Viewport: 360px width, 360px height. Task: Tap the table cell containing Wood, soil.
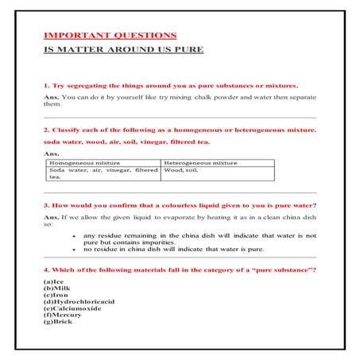[180, 170]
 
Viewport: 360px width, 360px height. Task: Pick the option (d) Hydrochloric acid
[79, 303]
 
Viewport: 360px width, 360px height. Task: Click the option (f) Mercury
[63, 315]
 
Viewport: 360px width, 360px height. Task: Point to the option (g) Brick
[58, 322]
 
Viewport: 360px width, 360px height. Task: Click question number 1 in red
[170, 84]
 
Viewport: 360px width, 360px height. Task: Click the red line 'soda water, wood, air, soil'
[126, 141]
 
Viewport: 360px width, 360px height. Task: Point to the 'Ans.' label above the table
[50, 153]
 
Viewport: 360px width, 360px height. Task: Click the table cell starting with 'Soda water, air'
[102, 173]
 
